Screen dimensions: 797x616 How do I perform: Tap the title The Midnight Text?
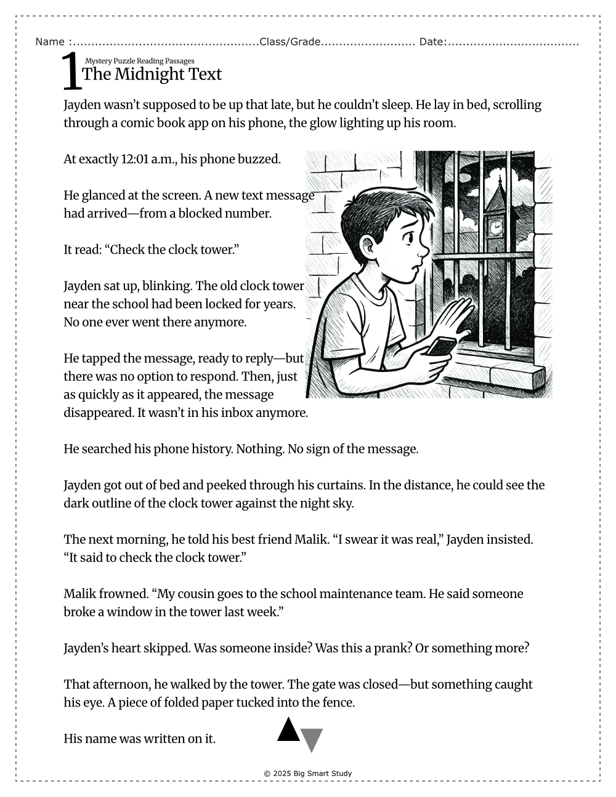click(152, 75)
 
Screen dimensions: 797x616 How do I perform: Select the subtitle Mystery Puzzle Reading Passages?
click(139, 61)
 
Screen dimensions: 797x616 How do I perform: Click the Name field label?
click(50, 42)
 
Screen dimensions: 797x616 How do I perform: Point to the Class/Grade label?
click(290, 42)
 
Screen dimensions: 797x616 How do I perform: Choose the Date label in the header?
click(432, 42)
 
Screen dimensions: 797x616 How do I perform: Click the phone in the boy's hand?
click(441, 347)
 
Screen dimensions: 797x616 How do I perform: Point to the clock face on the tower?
click(495, 227)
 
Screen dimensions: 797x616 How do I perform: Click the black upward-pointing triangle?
click(288, 730)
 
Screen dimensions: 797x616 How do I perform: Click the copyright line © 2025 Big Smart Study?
click(307, 774)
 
